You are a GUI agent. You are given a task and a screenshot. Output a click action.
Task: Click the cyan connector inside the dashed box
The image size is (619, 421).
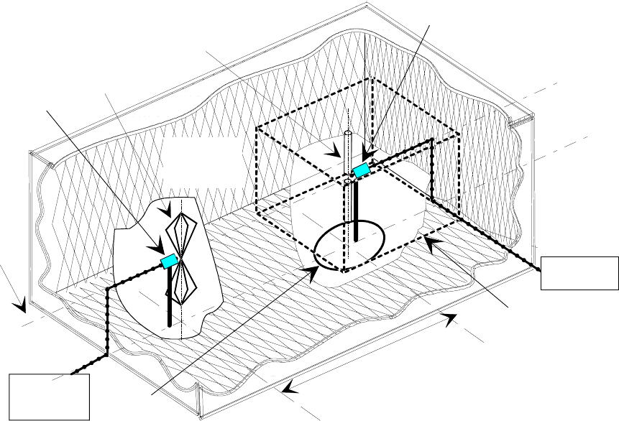pyautogui.click(x=361, y=170)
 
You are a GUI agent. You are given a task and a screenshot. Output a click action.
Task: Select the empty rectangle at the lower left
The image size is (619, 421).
pyautogui.click(x=50, y=396)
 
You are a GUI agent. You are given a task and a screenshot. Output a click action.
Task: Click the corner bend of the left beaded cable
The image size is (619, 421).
pyautogui.click(x=108, y=289)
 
